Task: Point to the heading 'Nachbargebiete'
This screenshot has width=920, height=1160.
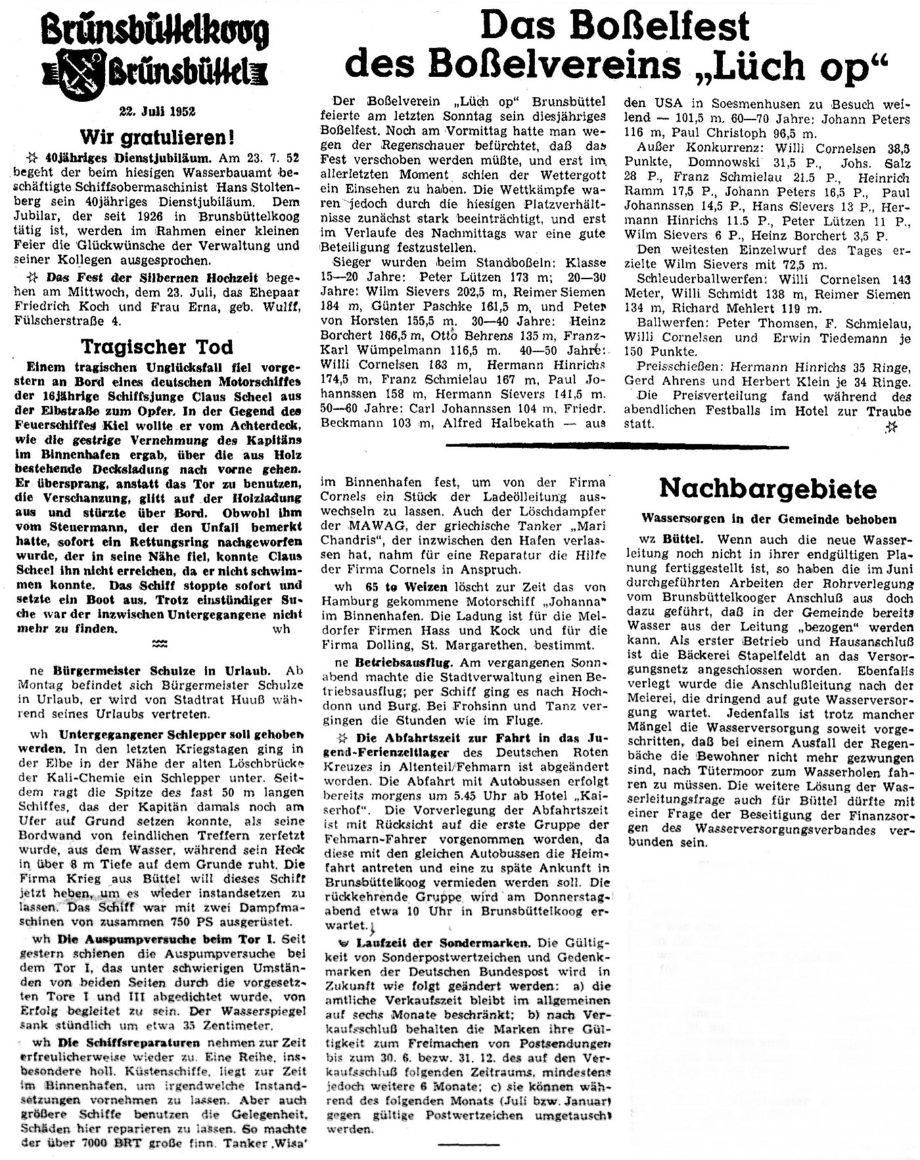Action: pos(768,488)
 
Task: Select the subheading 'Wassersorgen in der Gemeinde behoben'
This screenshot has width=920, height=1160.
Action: pos(769,519)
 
